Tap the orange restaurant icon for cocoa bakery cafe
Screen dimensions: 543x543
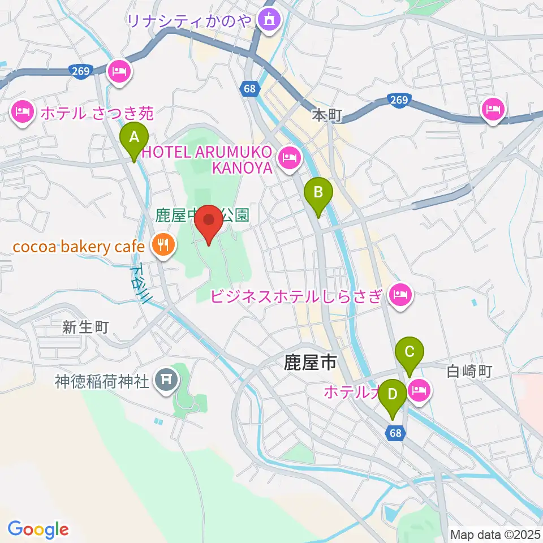click(x=164, y=245)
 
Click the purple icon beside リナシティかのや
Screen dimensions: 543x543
click(x=266, y=20)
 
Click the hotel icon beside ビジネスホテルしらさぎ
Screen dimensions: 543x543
click(x=400, y=294)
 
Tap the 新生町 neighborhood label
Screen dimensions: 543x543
click(x=85, y=326)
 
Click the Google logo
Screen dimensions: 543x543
click(x=38, y=529)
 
